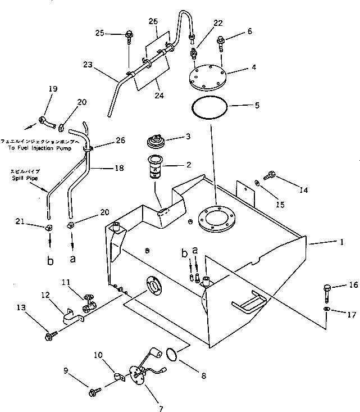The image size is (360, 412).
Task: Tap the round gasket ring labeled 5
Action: click(x=210, y=107)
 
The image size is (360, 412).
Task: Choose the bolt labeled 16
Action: click(x=327, y=292)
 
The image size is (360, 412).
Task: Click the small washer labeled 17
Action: click(x=327, y=310)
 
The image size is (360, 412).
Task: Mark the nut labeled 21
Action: click(x=49, y=228)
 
